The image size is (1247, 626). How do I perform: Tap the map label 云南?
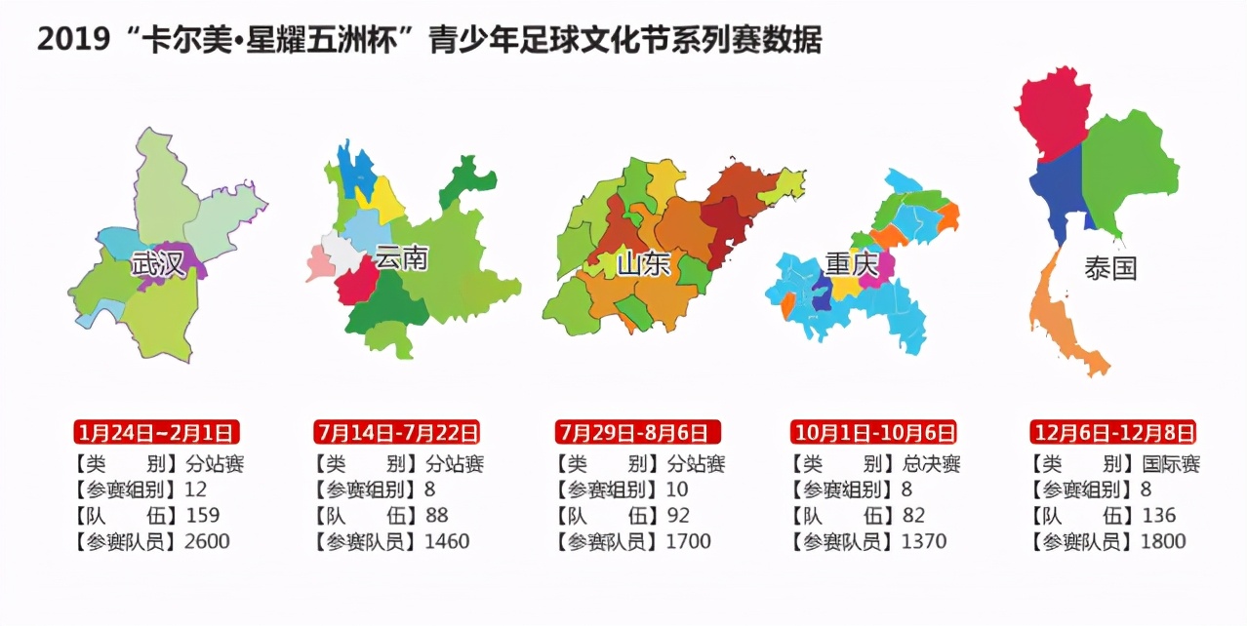click(x=402, y=258)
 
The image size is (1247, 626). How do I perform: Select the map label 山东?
click(x=643, y=262)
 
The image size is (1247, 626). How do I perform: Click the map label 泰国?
click(x=1110, y=268)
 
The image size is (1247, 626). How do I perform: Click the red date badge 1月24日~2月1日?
click(x=156, y=432)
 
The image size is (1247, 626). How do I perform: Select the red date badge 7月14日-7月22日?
click(x=397, y=432)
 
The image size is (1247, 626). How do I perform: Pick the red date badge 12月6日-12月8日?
click(x=1113, y=432)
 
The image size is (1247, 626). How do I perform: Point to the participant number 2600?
click(x=207, y=541)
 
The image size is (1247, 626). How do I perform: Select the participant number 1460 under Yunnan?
click(x=447, y=541)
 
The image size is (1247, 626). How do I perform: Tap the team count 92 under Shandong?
click(x=677, y=515)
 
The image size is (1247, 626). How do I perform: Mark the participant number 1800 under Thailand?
click(x=1164, y=541)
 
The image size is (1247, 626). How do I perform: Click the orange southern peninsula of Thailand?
click(x=1059, y=312)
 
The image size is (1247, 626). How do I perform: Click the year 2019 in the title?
click(x=68, y=41)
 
